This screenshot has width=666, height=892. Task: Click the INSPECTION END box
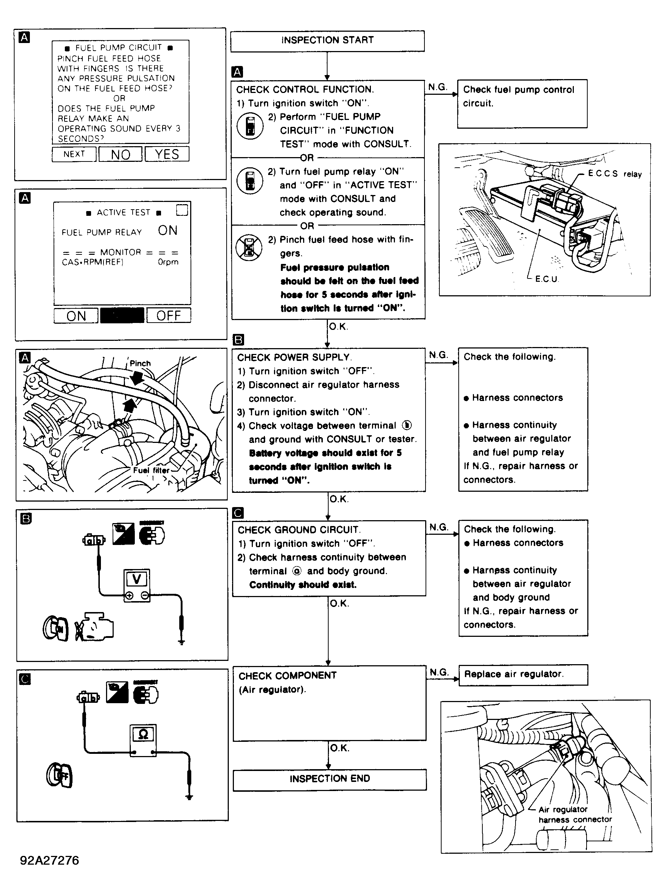point(329,779)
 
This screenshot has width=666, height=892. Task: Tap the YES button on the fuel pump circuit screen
point(167,154)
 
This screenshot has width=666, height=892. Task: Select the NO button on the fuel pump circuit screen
point(121,155)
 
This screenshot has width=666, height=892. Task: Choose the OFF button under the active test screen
point(169,315)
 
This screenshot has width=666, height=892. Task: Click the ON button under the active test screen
point(76,316)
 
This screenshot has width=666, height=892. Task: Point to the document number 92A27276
point(50,860)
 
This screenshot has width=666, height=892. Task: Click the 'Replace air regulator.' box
point(523,674)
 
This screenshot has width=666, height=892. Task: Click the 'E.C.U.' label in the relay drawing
point(546,279)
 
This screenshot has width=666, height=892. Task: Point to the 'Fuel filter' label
point(151,470)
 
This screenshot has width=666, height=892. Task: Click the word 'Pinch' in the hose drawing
point(140,363)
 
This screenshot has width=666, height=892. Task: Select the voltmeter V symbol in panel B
point(137,580)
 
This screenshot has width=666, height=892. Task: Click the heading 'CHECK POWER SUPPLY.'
point(294,357)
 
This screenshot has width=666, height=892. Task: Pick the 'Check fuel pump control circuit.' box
point(522,104)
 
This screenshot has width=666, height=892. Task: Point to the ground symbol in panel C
point(189,796)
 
